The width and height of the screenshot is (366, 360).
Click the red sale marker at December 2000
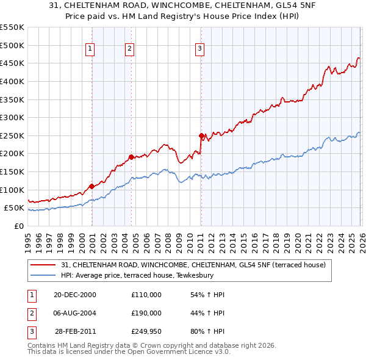[91, 186]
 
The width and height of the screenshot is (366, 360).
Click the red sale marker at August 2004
[131, 157]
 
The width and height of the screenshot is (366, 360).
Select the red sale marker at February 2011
[201, 135]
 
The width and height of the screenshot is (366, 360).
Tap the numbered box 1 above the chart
[90, 49]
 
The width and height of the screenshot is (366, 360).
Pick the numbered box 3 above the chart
[200, 49]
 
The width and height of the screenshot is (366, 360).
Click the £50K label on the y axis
[15, 208]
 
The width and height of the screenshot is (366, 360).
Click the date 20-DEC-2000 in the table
[75, 295]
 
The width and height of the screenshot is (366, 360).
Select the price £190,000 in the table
[146, 313]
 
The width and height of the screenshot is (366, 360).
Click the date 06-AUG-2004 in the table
[75, 313]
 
